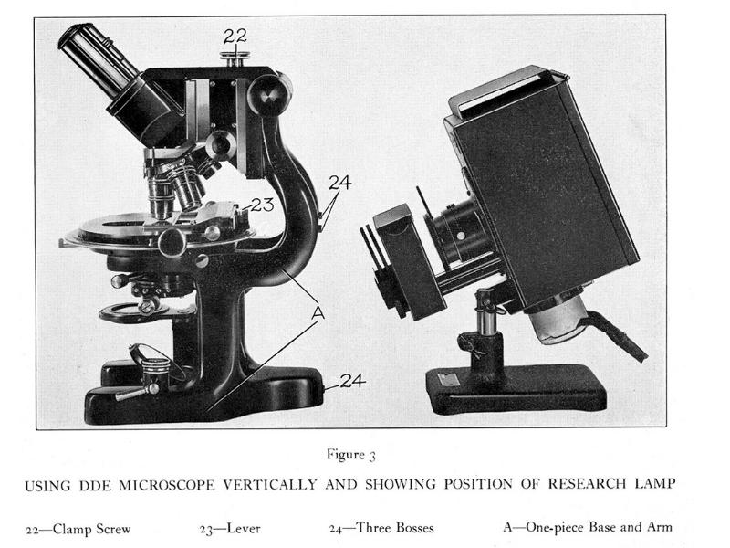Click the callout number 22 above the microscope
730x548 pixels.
235,36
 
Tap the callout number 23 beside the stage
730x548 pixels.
262,204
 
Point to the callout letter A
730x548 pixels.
318,312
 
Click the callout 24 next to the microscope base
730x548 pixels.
352,381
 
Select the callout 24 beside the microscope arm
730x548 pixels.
340,182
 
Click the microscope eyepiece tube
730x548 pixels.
99,61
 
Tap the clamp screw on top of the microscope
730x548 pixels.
235,58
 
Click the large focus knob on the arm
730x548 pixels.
268,95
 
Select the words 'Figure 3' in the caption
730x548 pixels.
351,454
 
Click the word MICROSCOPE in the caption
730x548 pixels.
167,485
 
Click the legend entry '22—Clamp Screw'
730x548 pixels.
78,530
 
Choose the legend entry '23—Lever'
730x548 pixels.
230,529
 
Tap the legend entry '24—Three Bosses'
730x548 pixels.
381,528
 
